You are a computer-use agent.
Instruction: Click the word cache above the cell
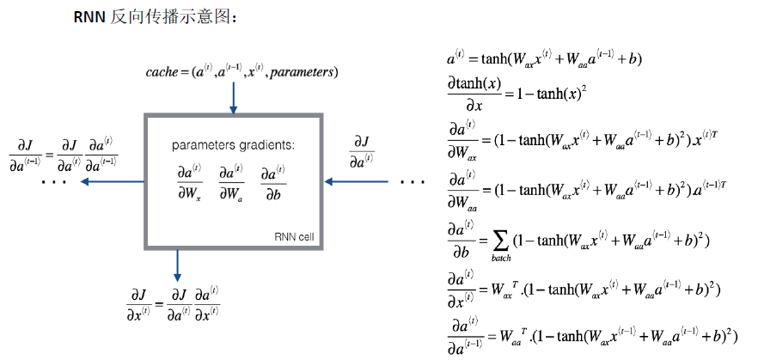[x=163, y=73]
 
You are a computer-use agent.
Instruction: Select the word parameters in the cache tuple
[x=302, y=73]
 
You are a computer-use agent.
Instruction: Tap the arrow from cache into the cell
[x=233, y=99]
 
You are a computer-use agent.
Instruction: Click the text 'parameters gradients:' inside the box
[x=233, y=145]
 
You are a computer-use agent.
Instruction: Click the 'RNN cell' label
[x=295, y=237]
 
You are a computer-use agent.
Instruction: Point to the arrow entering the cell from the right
[x=357, y=181]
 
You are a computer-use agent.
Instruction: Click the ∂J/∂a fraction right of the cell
[x=361, y=150]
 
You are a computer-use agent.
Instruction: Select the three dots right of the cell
[x=413, y=183]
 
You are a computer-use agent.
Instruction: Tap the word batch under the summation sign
[x=501, y=256]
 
